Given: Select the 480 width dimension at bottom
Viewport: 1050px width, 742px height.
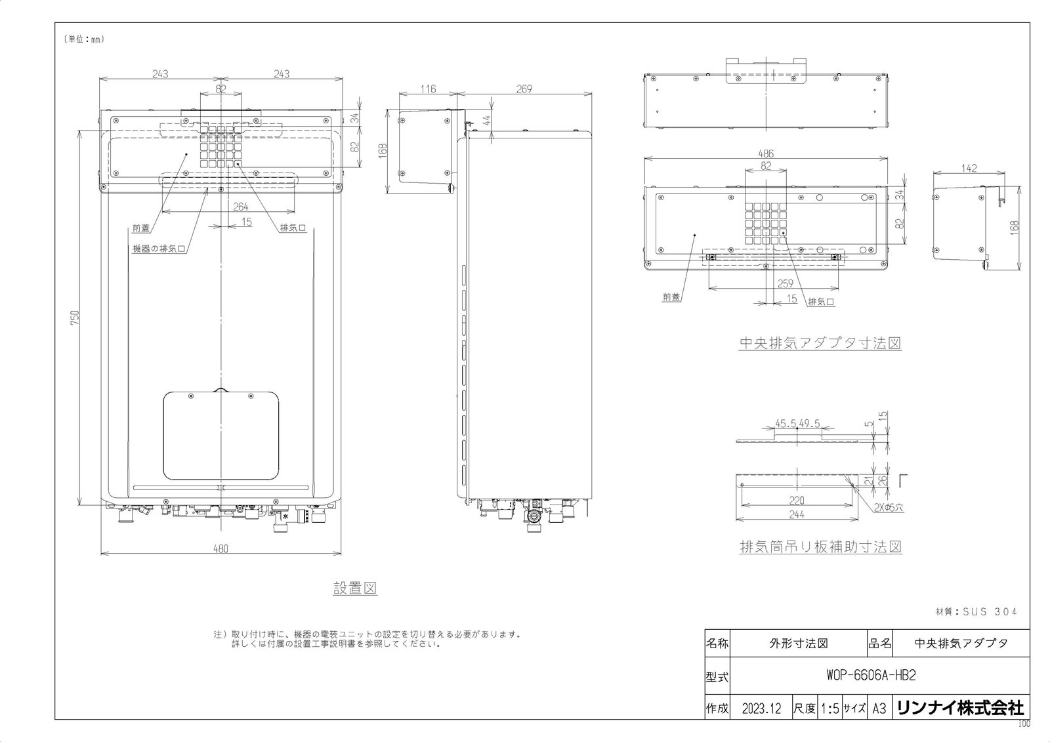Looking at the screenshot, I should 220,548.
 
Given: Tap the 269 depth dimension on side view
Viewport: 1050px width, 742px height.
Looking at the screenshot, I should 524,89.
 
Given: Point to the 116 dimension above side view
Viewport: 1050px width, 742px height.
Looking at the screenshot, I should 428,89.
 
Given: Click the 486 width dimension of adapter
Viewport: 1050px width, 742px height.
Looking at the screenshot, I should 765,154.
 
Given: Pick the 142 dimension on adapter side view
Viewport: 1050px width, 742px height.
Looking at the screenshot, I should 969,168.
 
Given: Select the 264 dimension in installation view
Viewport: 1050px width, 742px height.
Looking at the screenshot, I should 241,207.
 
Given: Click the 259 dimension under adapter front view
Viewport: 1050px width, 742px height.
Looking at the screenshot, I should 785,283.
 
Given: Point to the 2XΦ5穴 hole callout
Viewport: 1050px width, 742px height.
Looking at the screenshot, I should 889,507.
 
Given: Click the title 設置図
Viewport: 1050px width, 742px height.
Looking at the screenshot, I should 355,588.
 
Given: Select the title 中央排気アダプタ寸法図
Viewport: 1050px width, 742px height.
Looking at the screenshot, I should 820,342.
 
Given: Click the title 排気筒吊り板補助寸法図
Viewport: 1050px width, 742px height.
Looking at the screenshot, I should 820,546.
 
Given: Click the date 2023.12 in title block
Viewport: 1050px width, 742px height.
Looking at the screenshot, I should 761,709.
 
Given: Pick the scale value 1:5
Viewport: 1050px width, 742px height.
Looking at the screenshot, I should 829,709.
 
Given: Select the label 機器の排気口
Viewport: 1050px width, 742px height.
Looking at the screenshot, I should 158,249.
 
